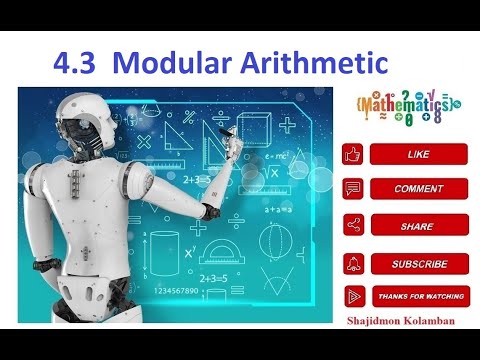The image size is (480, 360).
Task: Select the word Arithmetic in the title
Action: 316,62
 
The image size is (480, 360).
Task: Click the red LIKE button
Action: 419,154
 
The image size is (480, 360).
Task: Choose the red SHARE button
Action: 419,226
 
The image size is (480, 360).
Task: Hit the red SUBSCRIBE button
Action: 419,264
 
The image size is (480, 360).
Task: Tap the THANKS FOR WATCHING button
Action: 419,297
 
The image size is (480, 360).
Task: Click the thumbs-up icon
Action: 353,154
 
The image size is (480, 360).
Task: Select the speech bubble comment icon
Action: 353,188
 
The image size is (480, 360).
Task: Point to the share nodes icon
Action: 353,226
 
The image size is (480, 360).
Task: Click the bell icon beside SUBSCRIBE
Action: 353,264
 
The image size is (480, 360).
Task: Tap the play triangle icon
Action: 353,297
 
